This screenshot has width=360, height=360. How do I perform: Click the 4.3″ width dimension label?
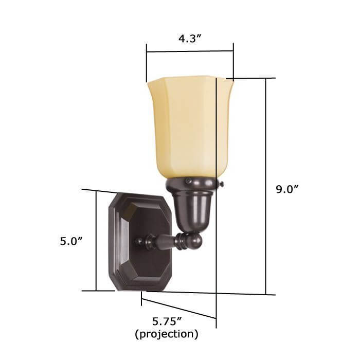point(190,39)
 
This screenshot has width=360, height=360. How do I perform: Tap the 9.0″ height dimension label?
point(287,189)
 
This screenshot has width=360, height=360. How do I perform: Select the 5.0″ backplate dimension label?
point(71,242)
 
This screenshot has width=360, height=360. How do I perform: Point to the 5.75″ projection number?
point(167,321)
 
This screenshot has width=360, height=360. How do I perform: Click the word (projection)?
point(167,334)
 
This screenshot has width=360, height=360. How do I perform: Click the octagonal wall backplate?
point(140,242)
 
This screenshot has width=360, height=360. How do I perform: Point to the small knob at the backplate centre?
point(138,242)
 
